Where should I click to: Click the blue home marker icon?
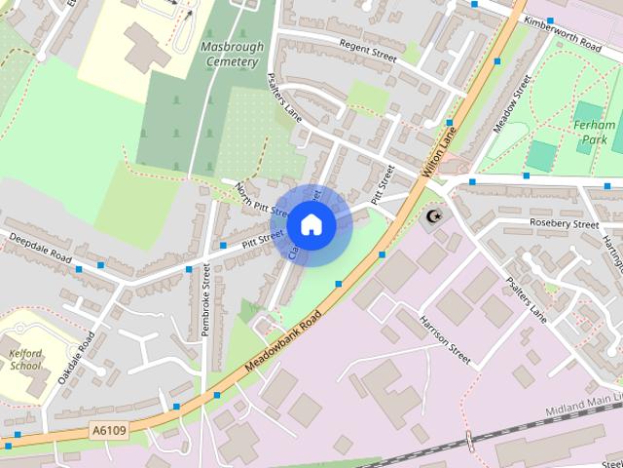(x=311, y=224)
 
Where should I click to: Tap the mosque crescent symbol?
(x=433, y=215)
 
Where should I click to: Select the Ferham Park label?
(x=593, y=133)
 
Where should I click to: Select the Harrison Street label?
(x=445, y=338)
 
